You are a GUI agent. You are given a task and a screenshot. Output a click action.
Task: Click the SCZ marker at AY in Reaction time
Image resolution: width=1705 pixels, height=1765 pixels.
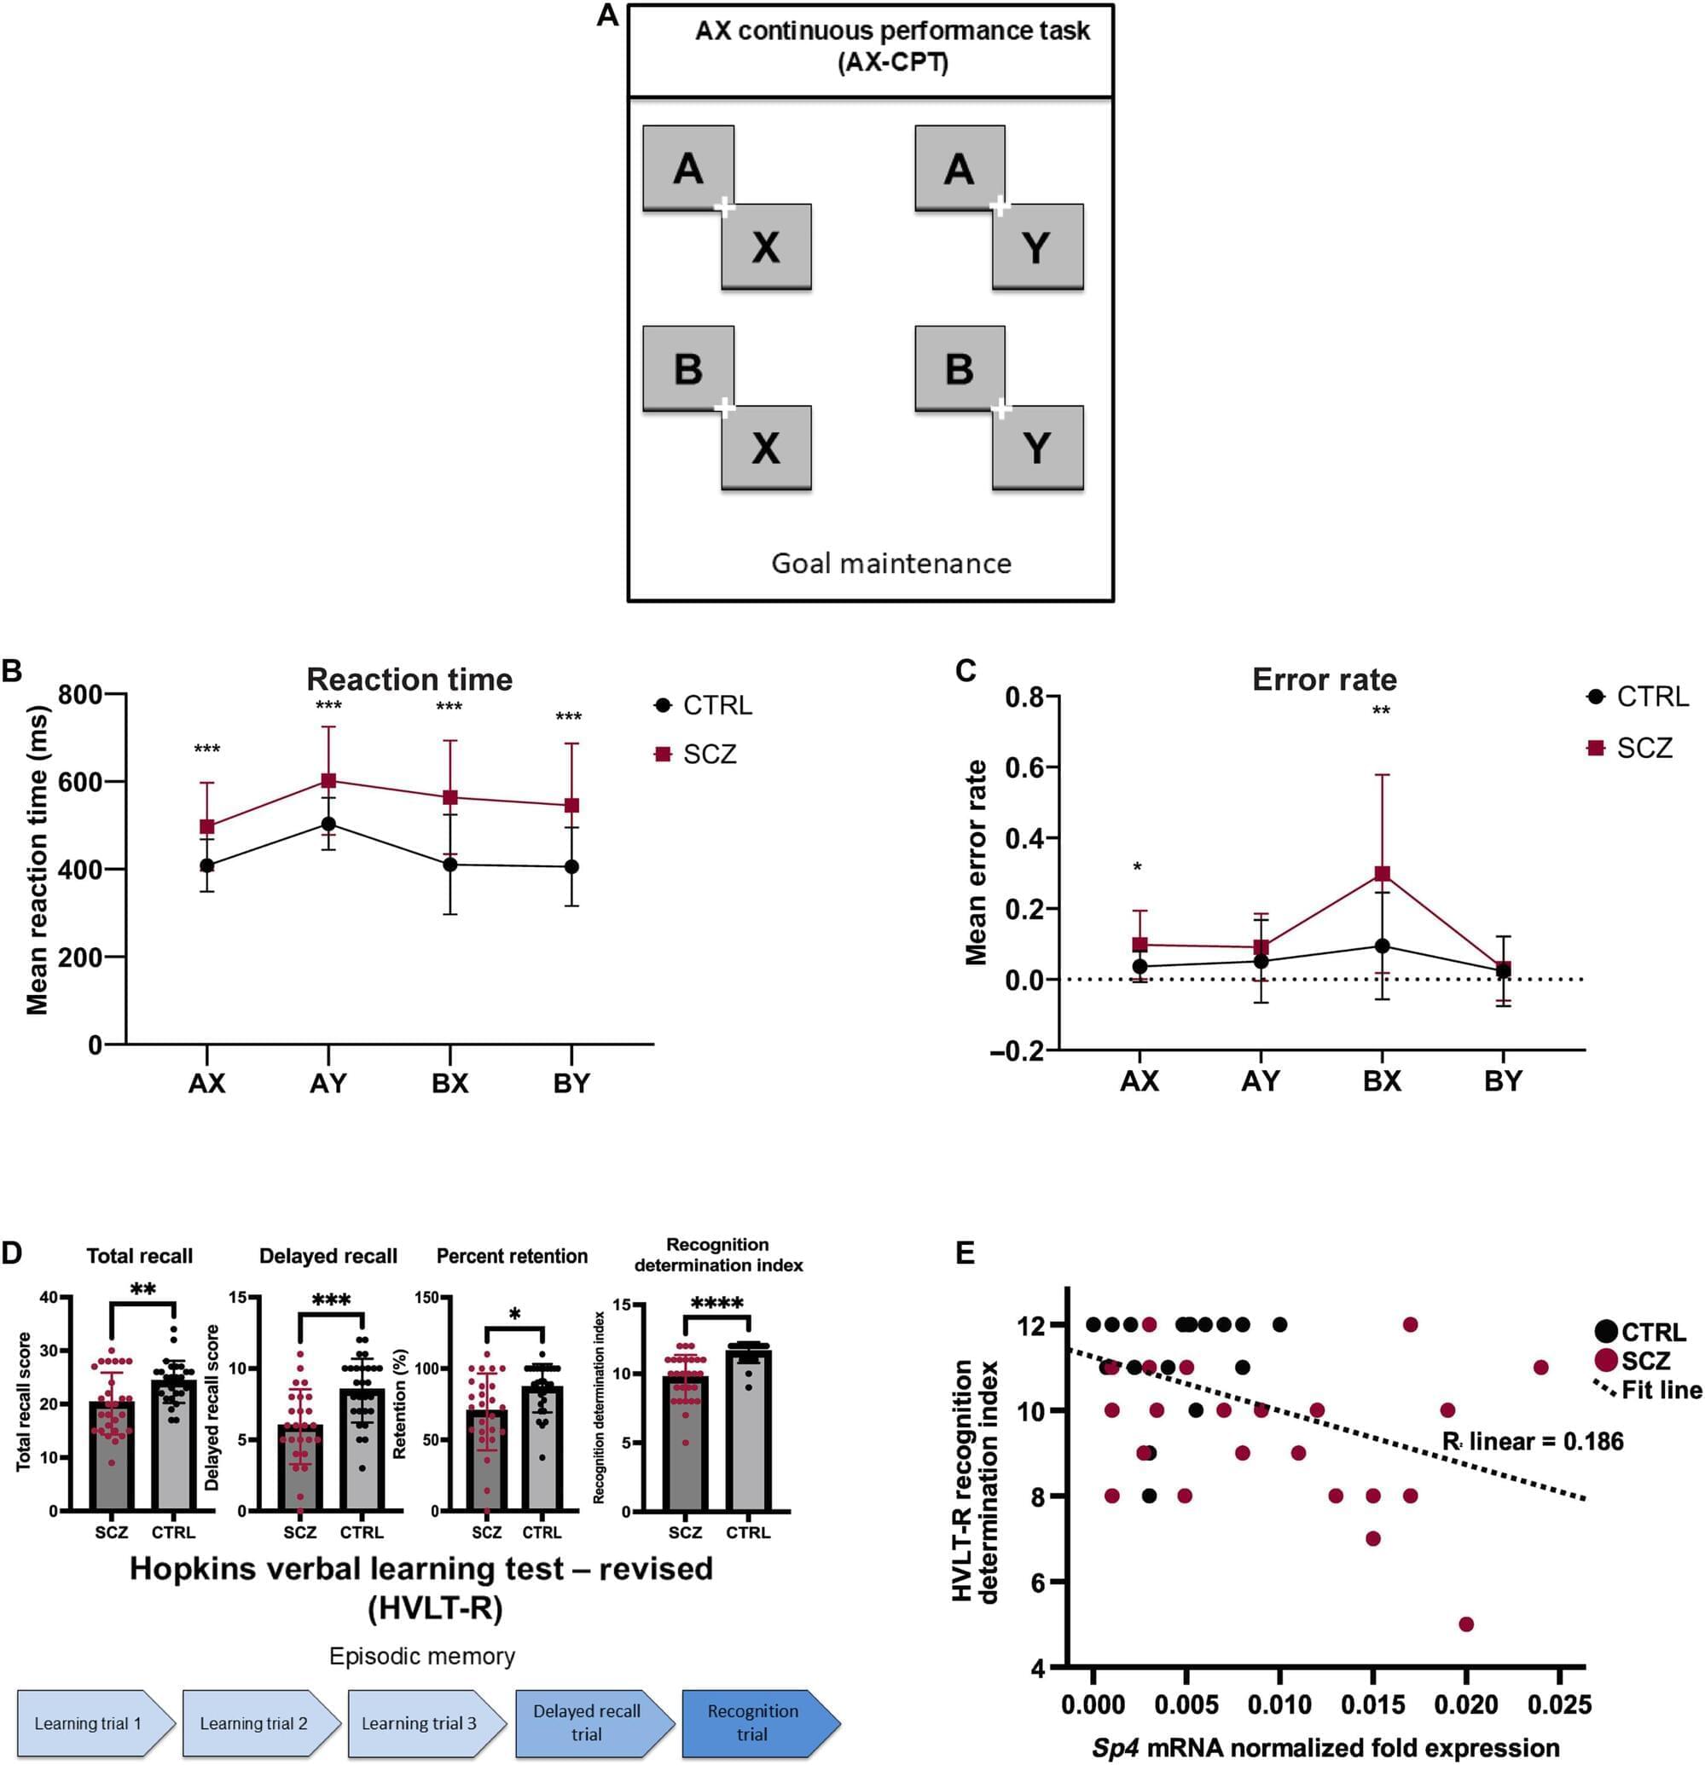(x=328, y=780)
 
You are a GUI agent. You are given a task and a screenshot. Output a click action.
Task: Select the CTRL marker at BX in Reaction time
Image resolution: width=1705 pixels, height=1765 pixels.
(x=449, y=865)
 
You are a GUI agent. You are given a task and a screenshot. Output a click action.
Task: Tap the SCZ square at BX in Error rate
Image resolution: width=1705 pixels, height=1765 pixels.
(x=1382, y=873)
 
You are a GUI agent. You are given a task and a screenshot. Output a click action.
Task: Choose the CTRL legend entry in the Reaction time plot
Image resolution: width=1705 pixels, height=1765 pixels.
(x=704, y=705)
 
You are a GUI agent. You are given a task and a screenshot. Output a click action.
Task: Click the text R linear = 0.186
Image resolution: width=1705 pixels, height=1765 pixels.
(x=1532, y=1442)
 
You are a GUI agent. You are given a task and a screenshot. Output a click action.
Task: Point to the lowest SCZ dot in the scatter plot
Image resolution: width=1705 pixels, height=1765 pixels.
(x=1465, y=1623)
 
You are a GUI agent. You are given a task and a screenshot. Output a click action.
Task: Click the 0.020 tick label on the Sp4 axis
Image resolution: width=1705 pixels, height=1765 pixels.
(x=1465, y=1704)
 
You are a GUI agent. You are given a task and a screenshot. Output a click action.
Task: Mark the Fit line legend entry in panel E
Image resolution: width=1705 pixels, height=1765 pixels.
(x=1647, y=1390)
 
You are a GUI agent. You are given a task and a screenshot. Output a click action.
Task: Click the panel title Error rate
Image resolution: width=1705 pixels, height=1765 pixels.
(x=1324, y=679)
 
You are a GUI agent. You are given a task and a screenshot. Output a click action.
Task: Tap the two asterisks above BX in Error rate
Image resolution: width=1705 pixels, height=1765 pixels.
(x=1381, y=711)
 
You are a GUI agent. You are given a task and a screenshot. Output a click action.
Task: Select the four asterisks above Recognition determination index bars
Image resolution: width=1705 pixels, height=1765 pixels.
(x=717, y=1302)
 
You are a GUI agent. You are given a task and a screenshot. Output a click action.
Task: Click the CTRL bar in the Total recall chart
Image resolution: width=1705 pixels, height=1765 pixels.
(x=173, y=1450)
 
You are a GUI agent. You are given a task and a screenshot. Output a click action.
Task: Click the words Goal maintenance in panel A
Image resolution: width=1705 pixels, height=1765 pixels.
(x=890, y=563)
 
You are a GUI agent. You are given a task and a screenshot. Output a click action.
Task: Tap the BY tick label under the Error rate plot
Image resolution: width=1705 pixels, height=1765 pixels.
(x=1502, y=1080)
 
